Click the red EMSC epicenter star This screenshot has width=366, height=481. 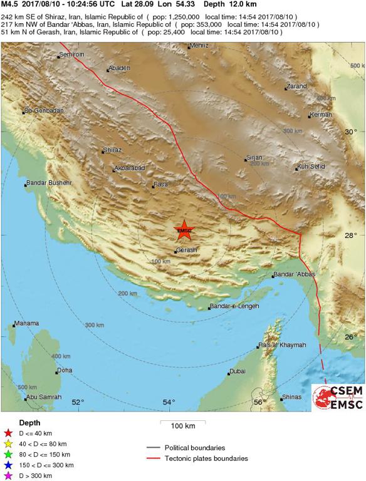[x=184, y=230]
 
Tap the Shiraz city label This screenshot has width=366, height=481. [x=113, y=150]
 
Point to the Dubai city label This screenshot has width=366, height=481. [x=238, y=371]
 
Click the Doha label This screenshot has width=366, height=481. [x=65, y=371]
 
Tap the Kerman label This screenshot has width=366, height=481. [x=320, y=115]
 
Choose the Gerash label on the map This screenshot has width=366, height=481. [x=187, y=250]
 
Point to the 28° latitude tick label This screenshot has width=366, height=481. [x=351, y=235]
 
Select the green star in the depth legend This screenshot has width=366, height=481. [x=8, y=454]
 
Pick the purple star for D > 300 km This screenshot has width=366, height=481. [x=8, y=476]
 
